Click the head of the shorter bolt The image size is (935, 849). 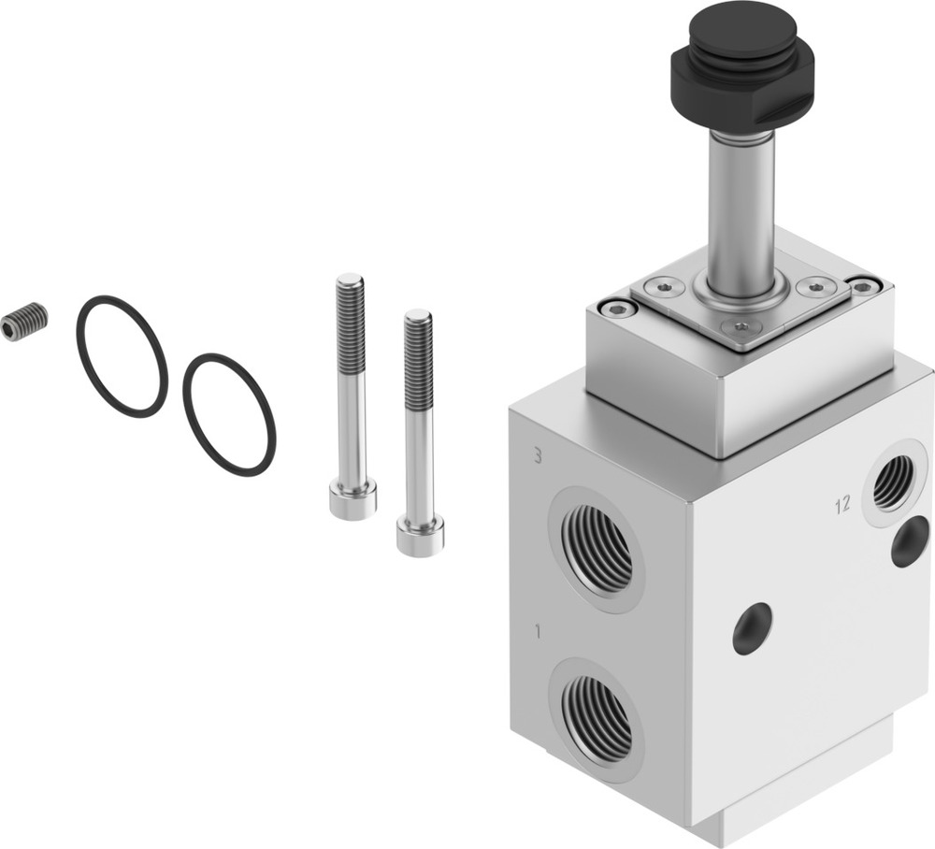(420, 536)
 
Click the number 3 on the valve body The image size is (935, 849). (537, 456)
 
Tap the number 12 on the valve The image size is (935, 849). (842, 506)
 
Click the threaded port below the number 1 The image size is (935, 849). (597, 716)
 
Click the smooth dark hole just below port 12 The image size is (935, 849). (910, 541)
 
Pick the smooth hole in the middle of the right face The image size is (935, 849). (753, 628)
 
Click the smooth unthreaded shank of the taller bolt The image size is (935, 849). (352, 421)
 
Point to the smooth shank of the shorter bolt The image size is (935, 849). (419, 458)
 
